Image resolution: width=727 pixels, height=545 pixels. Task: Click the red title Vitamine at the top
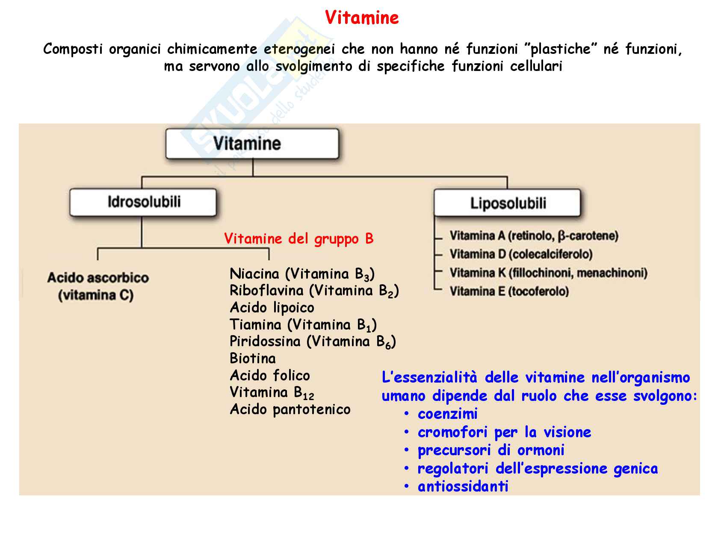tap(362, 18)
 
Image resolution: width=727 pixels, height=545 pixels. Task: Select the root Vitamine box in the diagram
tap(252, 144)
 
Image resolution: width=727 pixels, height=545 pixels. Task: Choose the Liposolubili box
tap(508, 203)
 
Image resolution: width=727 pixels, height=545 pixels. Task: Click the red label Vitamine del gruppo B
tap(298, 239)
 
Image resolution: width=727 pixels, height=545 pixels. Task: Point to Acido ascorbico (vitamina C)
tap(98, 286)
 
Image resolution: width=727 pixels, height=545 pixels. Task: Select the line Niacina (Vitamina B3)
tap(302, 274)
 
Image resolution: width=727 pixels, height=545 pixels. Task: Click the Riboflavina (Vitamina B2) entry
tap(314, 291)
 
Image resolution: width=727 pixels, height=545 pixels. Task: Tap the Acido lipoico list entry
tap(272, 307)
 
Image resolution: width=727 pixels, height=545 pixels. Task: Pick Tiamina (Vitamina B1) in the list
tap(303, 325)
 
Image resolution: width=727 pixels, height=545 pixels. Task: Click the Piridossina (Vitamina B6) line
tap(313, 342)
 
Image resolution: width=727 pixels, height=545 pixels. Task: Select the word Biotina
tap(252, 358)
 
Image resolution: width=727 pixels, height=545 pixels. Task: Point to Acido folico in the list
tap(269, 375)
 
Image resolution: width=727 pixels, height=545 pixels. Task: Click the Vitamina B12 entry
tap(272, 392)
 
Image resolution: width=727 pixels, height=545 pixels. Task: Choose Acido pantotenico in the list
tap(290, 409)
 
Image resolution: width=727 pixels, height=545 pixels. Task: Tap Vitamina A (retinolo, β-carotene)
tap(534, 236)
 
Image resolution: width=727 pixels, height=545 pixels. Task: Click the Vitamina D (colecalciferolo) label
tap(521, 254)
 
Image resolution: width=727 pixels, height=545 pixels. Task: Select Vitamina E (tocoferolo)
tap(509, 292)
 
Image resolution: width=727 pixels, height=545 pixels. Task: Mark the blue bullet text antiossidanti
tap(463, 486)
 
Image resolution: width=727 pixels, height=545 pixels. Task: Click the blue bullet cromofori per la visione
tap(504, 432)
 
